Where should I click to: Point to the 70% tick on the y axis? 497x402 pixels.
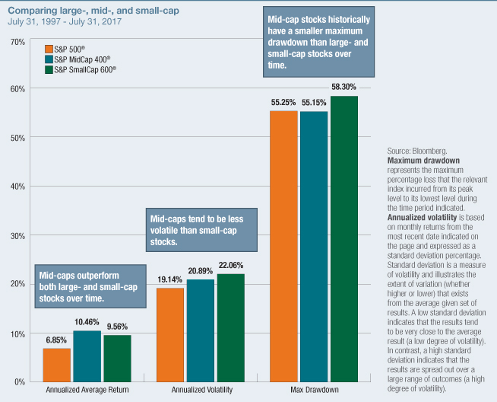coord(16,40)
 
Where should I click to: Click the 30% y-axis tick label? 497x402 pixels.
coord(16,235)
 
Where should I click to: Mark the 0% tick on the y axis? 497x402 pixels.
coord(18,381)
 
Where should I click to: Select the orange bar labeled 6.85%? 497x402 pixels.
coord(57,365)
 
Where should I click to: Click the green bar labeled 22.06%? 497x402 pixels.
coord(230,327)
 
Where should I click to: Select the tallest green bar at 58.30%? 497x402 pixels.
coord(343,238)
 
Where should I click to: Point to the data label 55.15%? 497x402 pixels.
coord(314,101)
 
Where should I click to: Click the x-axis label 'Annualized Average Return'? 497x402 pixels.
coord(87,390)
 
